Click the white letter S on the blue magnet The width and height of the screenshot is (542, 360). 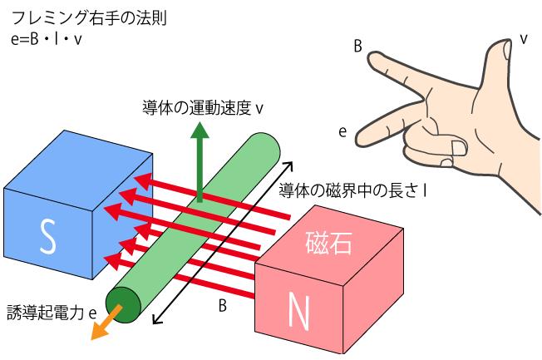47,237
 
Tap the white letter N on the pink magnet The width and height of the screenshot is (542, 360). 298,311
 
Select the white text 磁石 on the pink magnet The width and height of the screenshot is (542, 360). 328,243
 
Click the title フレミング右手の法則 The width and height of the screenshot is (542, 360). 89,18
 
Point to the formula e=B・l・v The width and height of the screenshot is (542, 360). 46,39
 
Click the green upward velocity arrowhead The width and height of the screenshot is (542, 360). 200,130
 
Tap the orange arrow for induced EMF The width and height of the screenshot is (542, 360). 105,323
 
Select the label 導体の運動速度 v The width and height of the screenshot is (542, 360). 203,108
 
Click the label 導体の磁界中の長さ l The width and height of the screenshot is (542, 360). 352,190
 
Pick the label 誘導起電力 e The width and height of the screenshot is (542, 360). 52,313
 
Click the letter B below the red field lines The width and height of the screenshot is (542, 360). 223,305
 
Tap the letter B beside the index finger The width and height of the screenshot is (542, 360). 357,46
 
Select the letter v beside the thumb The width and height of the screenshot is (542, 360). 524,39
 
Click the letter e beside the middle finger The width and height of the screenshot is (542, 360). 342,131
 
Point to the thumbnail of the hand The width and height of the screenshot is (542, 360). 507,50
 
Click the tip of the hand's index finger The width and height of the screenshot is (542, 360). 369,57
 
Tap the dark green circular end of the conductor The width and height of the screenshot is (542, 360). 123,305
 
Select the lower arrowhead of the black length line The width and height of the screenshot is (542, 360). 156,320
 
